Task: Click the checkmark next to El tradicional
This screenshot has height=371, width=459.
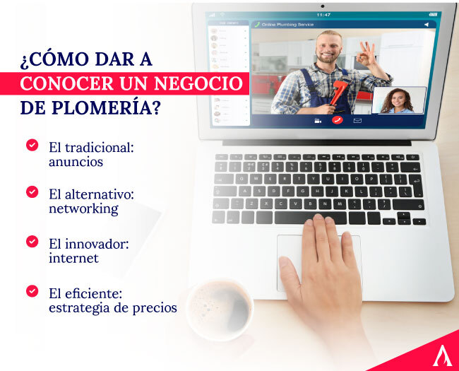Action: click(32, 145)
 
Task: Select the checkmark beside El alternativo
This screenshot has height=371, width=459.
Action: click(32, 192)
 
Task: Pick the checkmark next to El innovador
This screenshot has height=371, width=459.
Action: click(32, 241)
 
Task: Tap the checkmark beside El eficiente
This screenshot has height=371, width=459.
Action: click(32, 290)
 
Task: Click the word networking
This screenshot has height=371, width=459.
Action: click(83, 208)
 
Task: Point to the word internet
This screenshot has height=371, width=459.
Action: click(73, 258)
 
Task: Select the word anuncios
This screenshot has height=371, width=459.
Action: click(76, 161)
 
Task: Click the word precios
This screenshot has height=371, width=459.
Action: click(153, 307)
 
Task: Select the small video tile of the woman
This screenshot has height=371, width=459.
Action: click(398, 100)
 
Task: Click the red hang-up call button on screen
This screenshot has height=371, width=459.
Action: click(336, 120)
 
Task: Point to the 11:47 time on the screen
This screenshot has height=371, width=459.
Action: click(323, 14)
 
